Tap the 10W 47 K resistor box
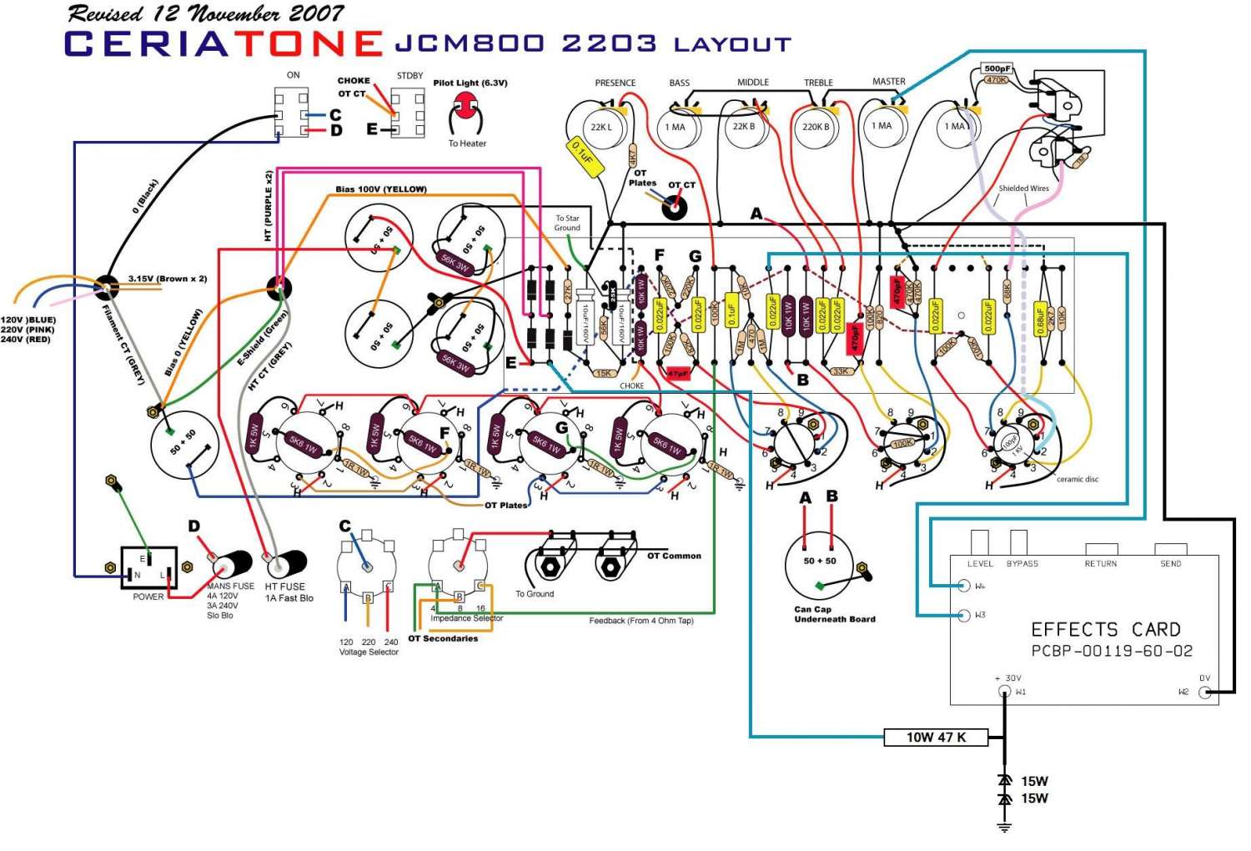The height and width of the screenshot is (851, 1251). click(x=936, y=738)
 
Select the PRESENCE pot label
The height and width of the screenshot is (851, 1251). click(x=615, y=83)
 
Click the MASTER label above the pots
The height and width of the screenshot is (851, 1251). click(x=888, y=82)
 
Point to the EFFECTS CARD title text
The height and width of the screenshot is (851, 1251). click(x=1106, y=629)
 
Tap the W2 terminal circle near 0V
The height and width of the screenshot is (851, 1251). click(x=1204, y=692)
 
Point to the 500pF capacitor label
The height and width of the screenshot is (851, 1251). click(x=997, y=68)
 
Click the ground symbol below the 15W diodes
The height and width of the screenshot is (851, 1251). click(x=1005, y=827)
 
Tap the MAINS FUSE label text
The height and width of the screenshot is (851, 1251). click(x=231, y=587)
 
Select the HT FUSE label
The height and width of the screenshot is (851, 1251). click(x=285, y=587)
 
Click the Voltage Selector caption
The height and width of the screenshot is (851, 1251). click(x=369, y=652)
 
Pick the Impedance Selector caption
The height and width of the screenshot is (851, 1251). click(x=466, y=618)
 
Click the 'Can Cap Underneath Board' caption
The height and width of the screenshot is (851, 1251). click(x=834, y=614)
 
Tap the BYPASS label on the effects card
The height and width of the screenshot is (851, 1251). click(x=1022, y=564)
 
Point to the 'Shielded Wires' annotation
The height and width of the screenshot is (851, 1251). click(x=1023, y=189)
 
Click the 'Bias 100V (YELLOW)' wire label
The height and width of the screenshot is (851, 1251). click(x=381, y=189)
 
